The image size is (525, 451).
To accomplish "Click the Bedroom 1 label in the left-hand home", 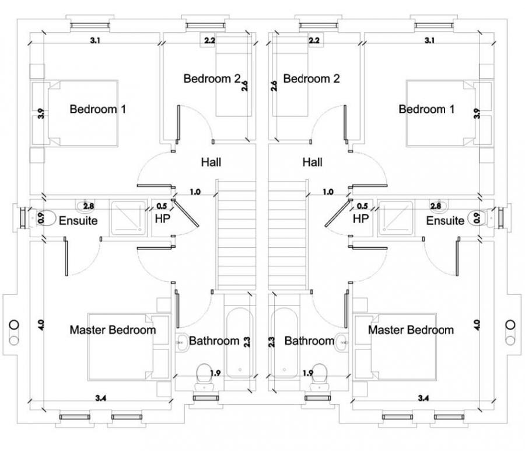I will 98,109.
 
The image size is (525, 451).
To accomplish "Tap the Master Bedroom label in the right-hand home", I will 411,330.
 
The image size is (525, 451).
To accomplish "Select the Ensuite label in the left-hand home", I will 78,221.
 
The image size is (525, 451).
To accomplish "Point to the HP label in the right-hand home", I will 361,219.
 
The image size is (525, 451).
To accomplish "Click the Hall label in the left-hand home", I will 211,162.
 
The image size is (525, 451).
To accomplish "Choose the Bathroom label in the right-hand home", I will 309,341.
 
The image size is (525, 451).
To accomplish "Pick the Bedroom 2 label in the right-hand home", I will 311,78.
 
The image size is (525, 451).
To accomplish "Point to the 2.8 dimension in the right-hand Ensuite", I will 435,206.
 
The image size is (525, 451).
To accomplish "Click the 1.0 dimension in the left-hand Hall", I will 195,192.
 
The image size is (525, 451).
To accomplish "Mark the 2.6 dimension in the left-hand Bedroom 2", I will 245,86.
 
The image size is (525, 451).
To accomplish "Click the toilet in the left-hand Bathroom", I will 204,374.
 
